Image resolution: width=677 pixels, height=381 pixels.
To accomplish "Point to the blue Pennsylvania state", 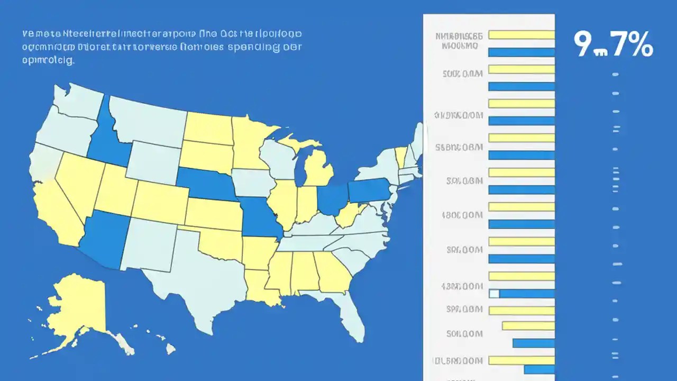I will pyautogui.click(x=370, y=190).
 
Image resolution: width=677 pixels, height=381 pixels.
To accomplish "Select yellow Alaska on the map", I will pyautogui.click(x=79, y=307).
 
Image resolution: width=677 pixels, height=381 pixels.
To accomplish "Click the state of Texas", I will pyautogui.click(x=201, y=275).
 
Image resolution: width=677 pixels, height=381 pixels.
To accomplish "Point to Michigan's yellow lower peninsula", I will pyautogui.click(x=319, y=169).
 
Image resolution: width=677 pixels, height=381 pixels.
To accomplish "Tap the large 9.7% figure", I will pyautogui.click(x=614, y=44).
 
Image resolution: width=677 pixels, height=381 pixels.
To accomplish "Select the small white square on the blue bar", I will pyautogui.click(x=494, y=294).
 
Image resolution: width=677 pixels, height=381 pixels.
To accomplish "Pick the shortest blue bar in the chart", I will pyautogui.click(x=539, y=369).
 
